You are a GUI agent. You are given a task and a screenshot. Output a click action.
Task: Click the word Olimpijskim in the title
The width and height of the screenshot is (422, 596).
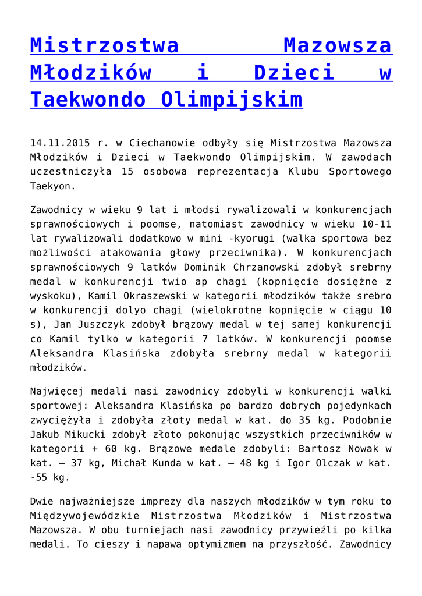click(x=231, y=100)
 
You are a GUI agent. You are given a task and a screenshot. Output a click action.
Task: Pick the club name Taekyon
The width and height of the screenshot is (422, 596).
click(x=53, y=186)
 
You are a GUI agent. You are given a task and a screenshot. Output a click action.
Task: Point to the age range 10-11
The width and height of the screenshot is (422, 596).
click(x=375, y=223)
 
